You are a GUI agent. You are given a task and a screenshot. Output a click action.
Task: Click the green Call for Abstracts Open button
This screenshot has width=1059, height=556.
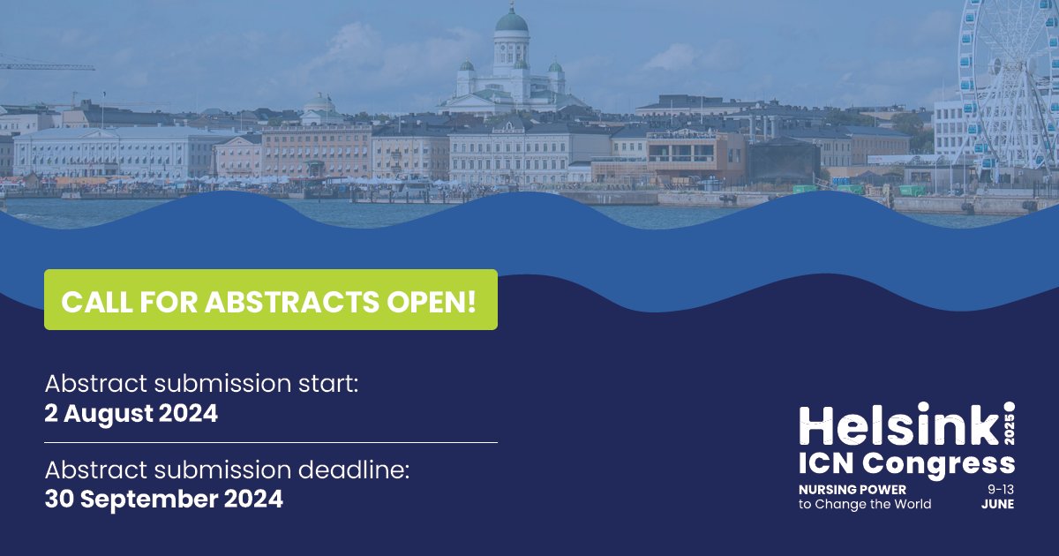coord(270,300)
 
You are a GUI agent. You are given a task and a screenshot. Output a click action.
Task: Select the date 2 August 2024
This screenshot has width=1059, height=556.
coord(131,413)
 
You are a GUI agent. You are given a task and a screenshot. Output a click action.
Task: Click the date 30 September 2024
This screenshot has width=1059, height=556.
coord(163,499)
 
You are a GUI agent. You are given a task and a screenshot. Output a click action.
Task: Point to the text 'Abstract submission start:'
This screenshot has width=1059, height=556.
coord(202,385)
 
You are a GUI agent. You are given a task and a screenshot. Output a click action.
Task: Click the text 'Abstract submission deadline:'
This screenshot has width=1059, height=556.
coord(227,470)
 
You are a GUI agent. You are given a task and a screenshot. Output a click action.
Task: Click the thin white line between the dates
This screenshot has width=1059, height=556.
coord(270,441)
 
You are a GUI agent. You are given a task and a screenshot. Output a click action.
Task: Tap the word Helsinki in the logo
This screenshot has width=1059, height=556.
coord(900,425)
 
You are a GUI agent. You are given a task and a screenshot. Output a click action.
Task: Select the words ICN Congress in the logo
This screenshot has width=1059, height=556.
coord(906,462)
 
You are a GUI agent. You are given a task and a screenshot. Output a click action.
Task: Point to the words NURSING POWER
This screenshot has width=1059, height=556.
coord(852,489)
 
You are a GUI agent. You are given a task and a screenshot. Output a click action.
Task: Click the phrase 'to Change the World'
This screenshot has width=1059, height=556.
coord(864,504)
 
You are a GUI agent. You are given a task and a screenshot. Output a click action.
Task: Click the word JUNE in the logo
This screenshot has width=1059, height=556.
coord(997,504)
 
